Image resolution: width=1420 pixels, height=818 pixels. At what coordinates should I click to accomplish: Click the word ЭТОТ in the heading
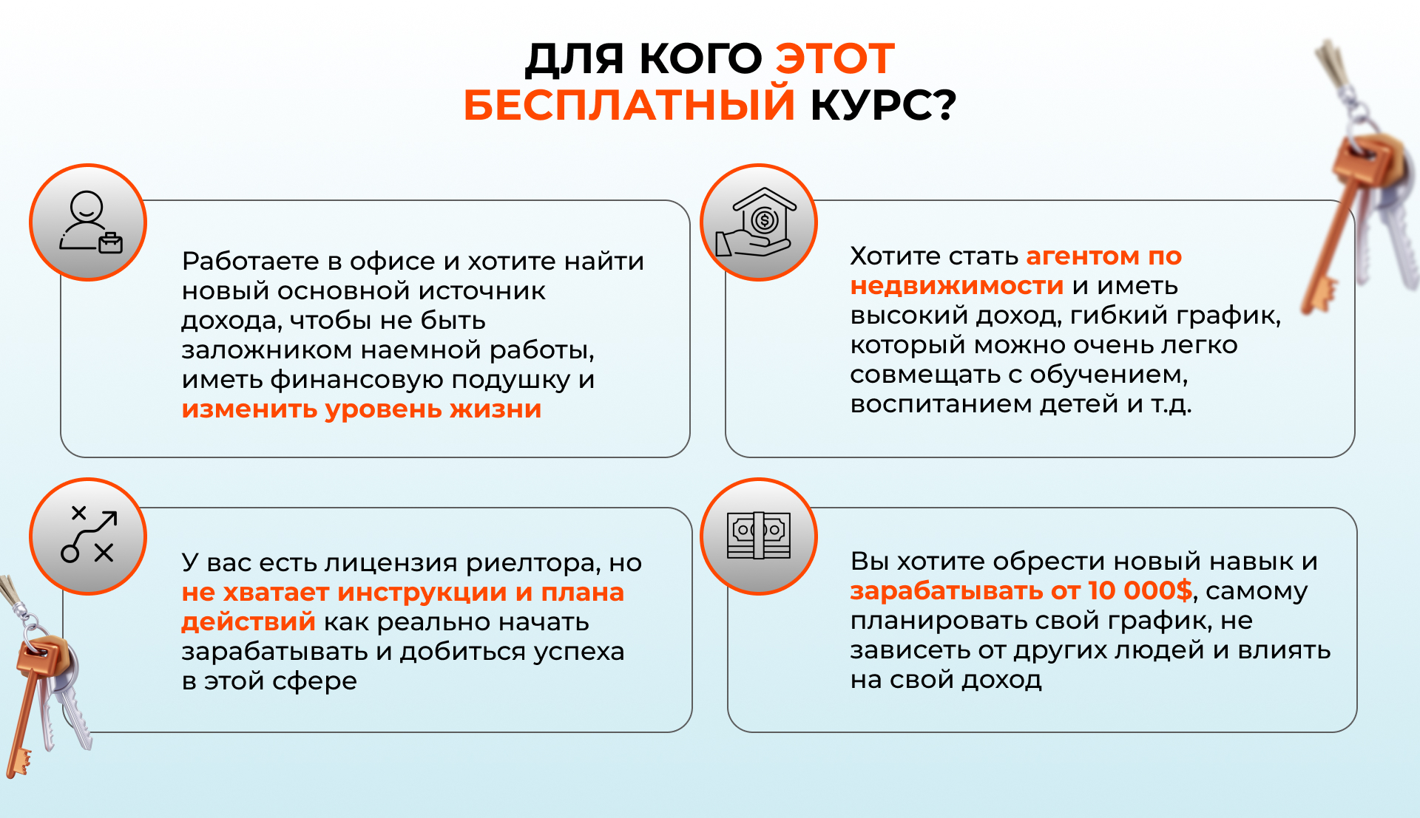(x=835, y=59)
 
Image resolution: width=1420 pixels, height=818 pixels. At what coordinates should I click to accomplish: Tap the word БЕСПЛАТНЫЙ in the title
(x=629, y=104)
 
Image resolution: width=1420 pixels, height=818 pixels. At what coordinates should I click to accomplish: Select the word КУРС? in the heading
(x=884, y=105)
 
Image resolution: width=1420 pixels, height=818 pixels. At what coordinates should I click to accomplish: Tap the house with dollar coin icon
(x=757, y=222)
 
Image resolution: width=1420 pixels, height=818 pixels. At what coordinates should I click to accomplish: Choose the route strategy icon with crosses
(x=89, y=534)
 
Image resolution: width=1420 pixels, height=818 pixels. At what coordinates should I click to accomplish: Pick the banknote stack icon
(x=759, y=536)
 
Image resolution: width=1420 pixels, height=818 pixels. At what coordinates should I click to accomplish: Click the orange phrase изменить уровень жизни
(x=362, y=409)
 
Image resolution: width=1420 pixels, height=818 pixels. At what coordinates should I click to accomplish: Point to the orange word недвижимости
(x=957, y=285)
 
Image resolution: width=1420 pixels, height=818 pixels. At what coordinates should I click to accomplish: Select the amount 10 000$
(x=1140, y=590)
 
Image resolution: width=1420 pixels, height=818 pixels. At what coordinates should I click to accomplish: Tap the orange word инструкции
(x=422, y=592)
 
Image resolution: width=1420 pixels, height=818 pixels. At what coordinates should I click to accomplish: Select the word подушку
(x=511, y=380)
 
